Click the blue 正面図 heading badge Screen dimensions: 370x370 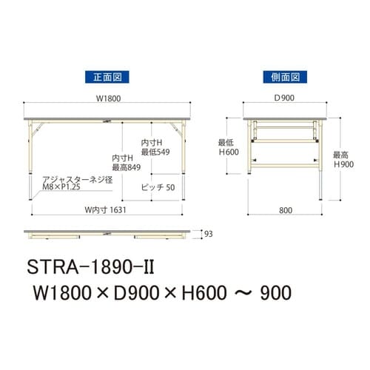pyautogui.click(x=107, y=77)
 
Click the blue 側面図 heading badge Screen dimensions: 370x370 pyautogui.click(x=285, y=77)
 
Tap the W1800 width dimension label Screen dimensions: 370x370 pyautogui.click(x=108, y=98)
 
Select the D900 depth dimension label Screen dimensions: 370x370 pyautogui.click(x=284, y=98)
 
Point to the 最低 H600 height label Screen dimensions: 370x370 pyautogui.click(x=229, y=147)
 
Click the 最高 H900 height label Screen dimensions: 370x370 pyautogui.click(x=343, y=160)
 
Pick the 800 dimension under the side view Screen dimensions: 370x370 pyautogui.click(x=286, y=210)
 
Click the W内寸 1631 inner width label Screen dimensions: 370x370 pyautogui.click(x=105, y=210)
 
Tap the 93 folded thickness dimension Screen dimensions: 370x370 pyautogui.click(x=209, y=234)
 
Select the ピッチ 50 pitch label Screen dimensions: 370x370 pyautogui.click(x=158, y=187)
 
